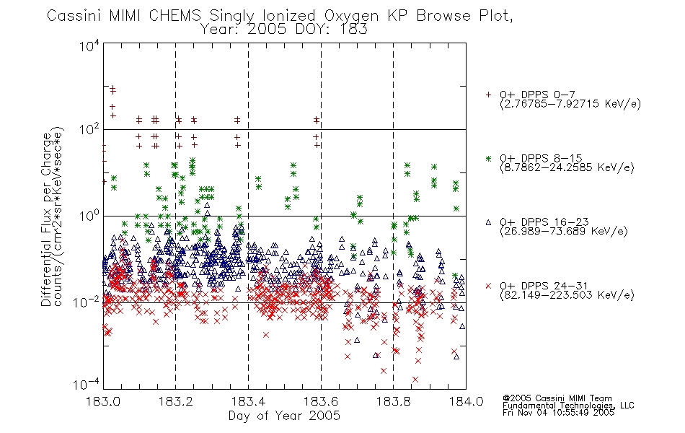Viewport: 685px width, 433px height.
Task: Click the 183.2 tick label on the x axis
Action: (176, 401)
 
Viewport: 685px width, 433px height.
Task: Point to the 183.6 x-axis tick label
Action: (321, 401)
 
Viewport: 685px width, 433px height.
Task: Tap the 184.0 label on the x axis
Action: (466, 401)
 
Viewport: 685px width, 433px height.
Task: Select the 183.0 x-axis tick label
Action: (103, 401)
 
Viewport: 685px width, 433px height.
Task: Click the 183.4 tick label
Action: (248, 401)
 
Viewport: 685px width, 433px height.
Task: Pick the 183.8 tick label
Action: (393, 401)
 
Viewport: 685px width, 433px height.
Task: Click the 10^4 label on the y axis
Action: (89, 45)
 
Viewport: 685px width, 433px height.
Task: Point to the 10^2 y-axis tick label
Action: (89, 130)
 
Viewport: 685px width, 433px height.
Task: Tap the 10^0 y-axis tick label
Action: (89, 216)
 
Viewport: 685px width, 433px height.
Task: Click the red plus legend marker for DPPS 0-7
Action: (488, 95)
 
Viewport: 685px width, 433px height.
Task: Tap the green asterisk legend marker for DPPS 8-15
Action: (488, 158)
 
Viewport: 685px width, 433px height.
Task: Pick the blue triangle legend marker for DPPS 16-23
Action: (488, 222)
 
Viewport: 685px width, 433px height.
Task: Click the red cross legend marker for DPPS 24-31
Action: (488, 286)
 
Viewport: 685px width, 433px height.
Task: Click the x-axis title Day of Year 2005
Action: (284, 416)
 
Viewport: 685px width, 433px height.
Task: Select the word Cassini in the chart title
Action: (75, 16)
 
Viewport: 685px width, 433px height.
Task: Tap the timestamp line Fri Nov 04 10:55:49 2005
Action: (558, 413)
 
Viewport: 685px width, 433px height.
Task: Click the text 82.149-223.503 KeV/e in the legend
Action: (567, 295)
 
